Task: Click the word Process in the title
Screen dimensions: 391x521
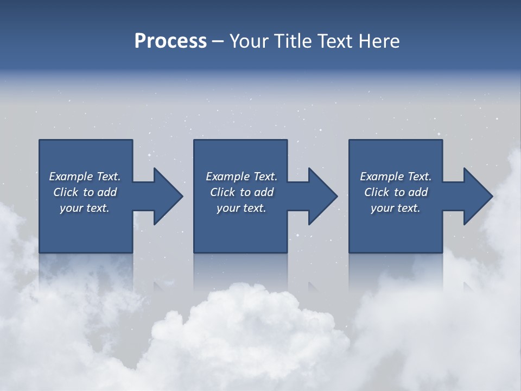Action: tap(170, 41)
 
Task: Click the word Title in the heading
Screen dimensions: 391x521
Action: tap(291, 41)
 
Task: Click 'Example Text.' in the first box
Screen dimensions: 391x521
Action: tap(85, 176)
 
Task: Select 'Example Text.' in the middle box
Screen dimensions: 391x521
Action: tap(241, 176)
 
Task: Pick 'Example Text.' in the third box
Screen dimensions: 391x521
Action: tap(396, 176)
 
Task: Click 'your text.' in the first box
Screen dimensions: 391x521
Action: tap(85, 208)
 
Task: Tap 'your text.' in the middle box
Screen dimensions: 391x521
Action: tap(241, 208)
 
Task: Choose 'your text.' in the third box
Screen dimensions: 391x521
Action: tap(396, 208)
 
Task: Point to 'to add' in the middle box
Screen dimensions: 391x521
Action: tap(257, 192)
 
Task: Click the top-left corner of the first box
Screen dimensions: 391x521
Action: tap(40, 141)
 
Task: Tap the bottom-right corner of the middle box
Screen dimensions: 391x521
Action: tap(287, 252)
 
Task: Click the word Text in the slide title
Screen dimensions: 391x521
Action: tap(333, 41)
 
